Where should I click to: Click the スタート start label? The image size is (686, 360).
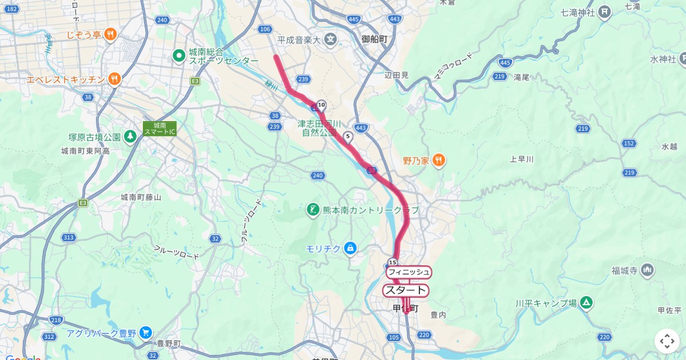click(x=405, y=290)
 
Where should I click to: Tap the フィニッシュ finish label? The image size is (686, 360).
click(x=409, y=272)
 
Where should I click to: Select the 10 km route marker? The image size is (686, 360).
click(x=321, y=105)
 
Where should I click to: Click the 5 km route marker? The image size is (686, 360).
click(x=348, y=137)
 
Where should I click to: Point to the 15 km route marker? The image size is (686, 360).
click(x=392, y=262)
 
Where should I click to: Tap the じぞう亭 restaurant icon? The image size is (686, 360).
click(x=111, y=34)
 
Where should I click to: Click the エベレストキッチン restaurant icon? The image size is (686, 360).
click(x=115, y=79)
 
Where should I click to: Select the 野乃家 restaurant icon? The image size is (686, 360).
click(x=439, y=161)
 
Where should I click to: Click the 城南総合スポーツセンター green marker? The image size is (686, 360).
click(x=179, y=55)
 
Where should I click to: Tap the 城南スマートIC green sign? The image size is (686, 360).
click(x=159, y=129)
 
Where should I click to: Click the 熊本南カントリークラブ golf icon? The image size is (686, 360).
click(x=313, y=210)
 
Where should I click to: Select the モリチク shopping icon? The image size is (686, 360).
click(x=350, y=248)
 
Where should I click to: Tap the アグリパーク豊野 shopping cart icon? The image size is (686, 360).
click(x=145, y=332)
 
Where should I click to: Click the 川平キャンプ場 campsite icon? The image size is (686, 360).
click(x=586, y=303)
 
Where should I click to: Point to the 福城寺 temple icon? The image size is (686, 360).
click(x=647, y=270)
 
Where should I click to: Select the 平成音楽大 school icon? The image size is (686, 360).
click(x=330, y=39)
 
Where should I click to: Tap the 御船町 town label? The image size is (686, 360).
click(x=374, y=39)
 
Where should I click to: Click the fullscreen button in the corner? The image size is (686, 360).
click(x=667, y=341)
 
